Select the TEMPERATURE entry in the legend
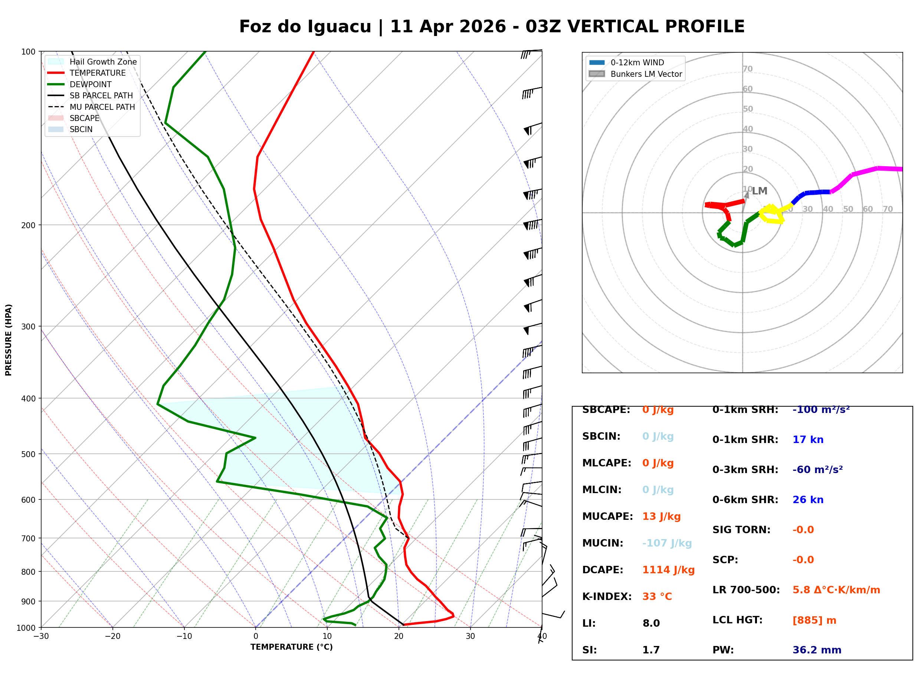point(97,73)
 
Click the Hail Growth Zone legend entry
point(103,62)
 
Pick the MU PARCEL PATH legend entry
point(102,107)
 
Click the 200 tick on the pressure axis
point(28,225)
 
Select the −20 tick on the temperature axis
point(112,637)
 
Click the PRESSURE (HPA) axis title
point(9,340)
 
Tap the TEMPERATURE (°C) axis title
point(291,647)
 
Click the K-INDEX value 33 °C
point(657,597)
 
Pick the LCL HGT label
point(737,620)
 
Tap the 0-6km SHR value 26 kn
point(807,500)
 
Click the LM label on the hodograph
point(760,191)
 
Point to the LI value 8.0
point(651,623)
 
